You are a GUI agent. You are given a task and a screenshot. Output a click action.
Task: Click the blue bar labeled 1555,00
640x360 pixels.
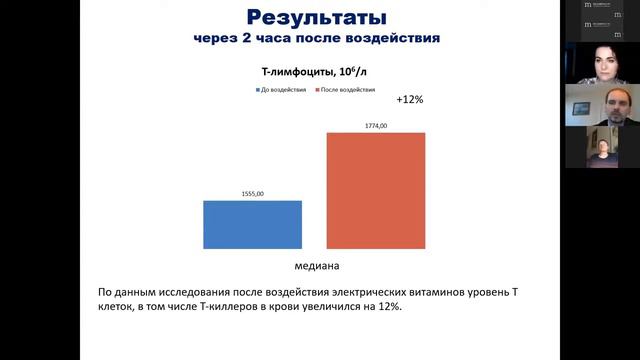(252, 224)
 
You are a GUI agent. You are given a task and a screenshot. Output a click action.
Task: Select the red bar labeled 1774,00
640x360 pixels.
(375, 190)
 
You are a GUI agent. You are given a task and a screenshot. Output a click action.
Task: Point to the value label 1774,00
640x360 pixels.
(375, 125)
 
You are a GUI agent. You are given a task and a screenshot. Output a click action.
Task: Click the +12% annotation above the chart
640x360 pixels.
(410, 100)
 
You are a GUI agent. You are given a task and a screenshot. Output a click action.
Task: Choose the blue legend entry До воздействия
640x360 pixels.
(279, 89)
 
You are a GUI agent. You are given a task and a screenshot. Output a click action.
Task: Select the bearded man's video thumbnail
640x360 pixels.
(602, 105)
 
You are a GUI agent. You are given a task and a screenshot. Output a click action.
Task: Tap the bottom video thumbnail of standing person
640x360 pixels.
(602, 148)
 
